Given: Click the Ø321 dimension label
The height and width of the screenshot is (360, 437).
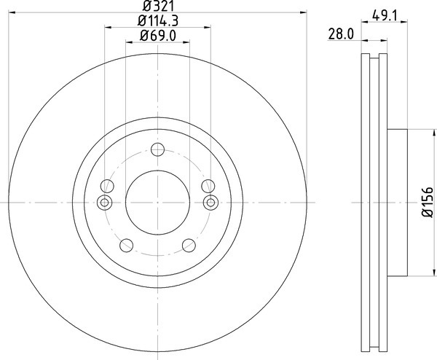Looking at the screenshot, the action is [x=158, y=6].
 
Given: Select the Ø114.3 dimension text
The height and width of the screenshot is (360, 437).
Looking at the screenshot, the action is [x=158, y=21].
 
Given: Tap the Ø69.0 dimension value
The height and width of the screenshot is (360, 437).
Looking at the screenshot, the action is [x=158, y=36].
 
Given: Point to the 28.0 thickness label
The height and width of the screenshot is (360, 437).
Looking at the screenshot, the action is [x=341, y=34].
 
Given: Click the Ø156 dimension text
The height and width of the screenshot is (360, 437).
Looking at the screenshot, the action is [x=428, y=202].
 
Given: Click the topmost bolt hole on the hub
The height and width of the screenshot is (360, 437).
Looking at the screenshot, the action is [x=158, y=149].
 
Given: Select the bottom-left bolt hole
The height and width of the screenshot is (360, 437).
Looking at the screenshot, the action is [x=126, y=246].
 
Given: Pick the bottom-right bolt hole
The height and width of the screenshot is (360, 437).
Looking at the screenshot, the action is [x=189, y=246].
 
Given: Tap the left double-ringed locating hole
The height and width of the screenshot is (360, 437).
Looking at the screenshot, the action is [x=104, y=203].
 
